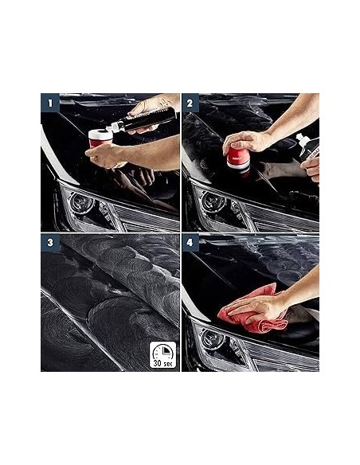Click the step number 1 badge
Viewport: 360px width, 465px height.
[49, 102]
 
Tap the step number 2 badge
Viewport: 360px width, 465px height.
[191, 102]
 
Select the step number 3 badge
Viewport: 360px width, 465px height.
[49, 242]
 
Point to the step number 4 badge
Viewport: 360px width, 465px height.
[191, 242]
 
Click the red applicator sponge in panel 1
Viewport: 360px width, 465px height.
[100, 138]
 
